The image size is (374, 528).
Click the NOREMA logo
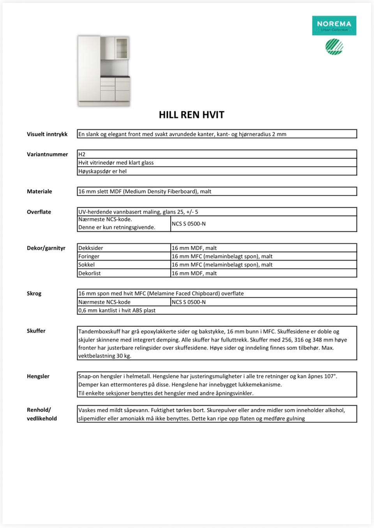(x=334, y=25)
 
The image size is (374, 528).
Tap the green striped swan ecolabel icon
(x=334, y=47)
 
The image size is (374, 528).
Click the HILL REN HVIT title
(x=191, y=115)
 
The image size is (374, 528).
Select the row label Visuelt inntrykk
(x=47, y=134)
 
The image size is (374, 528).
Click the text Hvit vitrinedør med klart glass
(x=116, y=163)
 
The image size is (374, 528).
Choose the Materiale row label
(x=39, y=191)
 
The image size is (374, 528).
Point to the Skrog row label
(x=34, y=294)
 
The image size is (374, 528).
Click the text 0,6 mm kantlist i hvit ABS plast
(x=117, y=310)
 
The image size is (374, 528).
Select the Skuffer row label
(x=36, y=331)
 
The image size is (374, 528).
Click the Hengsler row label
(x=38, y=376)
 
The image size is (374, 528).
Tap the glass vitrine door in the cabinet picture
(x=122, y=48)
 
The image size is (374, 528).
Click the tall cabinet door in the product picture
(x=89, y=69)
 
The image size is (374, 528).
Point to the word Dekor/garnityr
(x=46, y=248)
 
